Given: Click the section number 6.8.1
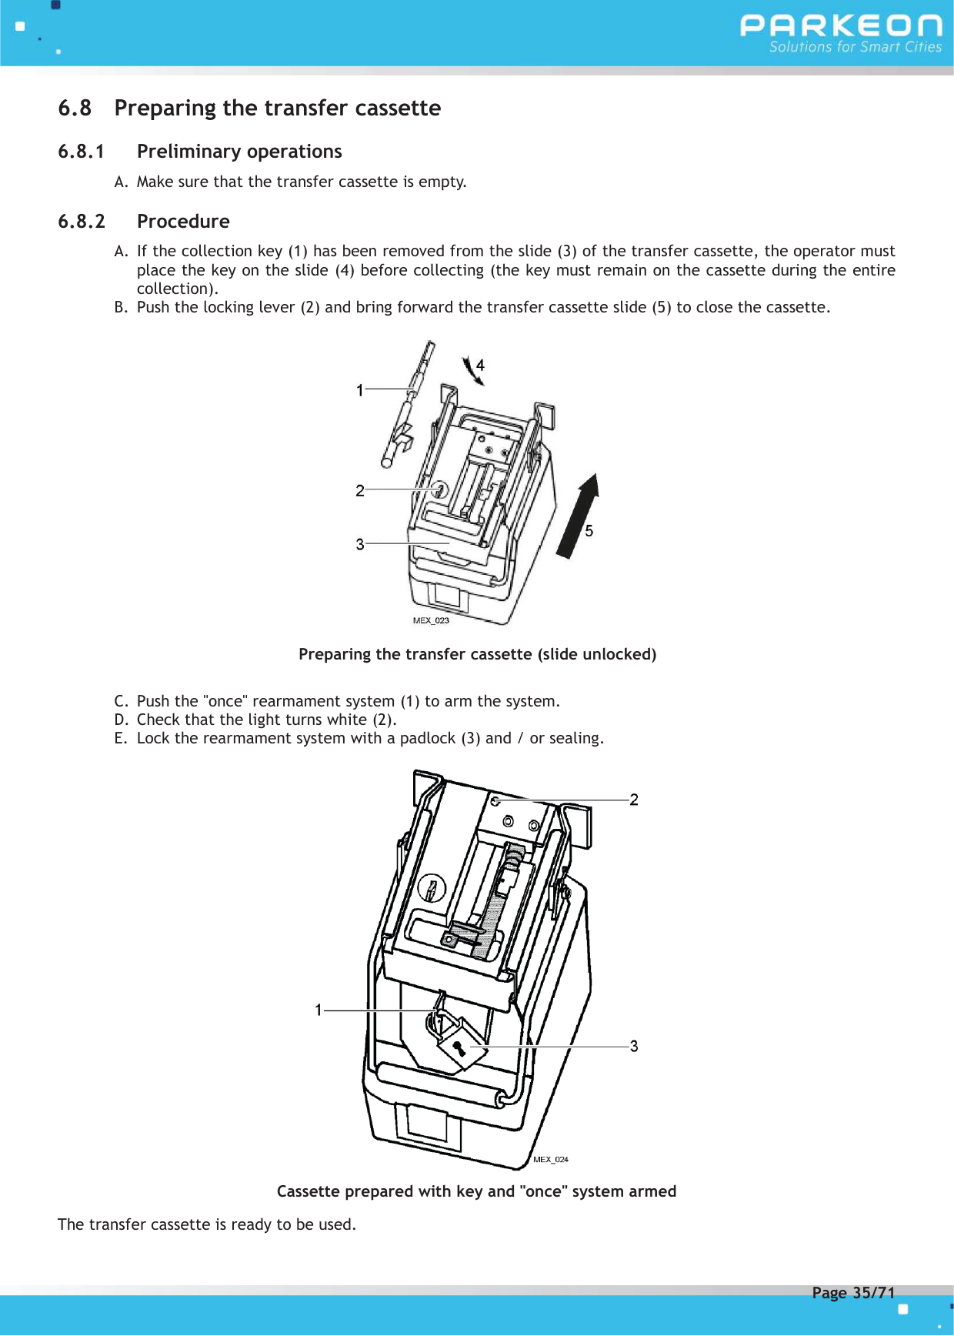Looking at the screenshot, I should tap(81, 152).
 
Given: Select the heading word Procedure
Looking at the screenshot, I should tap(183, 222).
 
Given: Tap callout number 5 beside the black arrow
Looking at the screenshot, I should tap(589, 530).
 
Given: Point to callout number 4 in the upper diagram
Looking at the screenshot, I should tap(480, 365).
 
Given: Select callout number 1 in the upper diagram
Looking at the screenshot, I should tap(359, 390).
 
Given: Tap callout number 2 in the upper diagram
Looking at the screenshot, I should tap(359, 490).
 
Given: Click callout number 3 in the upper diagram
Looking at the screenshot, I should tap(359, 544).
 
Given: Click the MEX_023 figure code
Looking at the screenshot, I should tap(431, 620).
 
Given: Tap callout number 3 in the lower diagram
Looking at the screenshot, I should tap(634, 1046).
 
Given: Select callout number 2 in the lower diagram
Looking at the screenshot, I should tap(634, 800).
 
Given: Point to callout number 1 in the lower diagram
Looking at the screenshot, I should tap(318, 1010).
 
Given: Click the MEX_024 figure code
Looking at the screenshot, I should tap(551, 1159).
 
